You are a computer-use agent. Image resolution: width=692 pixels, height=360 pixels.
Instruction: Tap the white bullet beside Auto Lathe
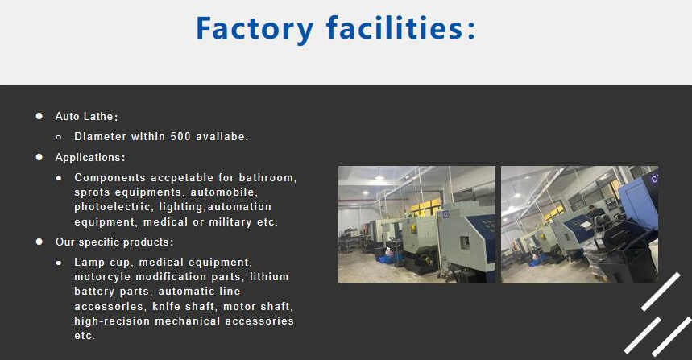39,116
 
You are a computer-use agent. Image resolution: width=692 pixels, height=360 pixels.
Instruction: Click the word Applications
89,157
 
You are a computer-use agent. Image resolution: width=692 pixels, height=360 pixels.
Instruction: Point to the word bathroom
268,177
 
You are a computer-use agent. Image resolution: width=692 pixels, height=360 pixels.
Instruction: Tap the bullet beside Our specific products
39,242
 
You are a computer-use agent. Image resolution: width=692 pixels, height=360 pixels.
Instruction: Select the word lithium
269,277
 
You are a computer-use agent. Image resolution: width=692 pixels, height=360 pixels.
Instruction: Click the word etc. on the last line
85,336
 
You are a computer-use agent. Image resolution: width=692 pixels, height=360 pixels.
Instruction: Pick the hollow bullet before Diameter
59,137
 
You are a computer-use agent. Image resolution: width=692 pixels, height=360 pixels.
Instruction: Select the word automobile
223,192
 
